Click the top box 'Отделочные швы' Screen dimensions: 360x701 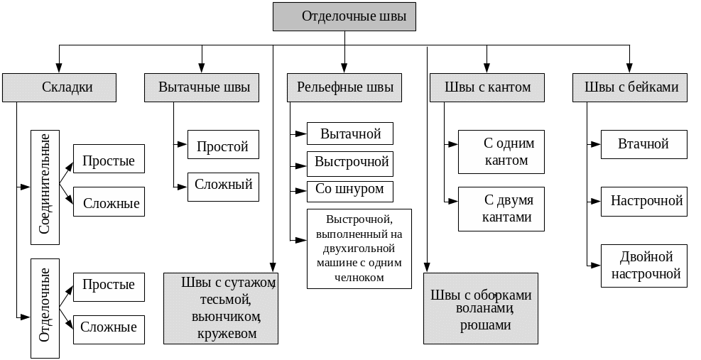[x=344, y=16]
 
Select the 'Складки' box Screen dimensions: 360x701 [x=58, y=87]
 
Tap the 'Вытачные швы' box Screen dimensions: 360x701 [x=202, y=87]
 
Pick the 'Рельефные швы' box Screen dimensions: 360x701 [x=344, y=87]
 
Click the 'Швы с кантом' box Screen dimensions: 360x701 [x=487, y=87]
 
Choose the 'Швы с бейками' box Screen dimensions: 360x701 [x=630, y=87]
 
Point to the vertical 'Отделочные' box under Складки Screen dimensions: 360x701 [x=45, y=307]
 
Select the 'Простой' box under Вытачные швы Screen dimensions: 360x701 [x=223, y=146]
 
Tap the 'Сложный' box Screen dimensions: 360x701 [x=223, y=186]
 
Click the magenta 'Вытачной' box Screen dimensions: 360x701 [x=350, y=133]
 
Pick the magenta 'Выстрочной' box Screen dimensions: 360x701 [x=350, y=163]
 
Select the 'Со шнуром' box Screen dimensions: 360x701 [x=350, y=190]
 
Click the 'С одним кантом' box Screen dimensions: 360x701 [x=501, y=152]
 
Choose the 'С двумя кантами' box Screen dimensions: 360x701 [x=501, y=209]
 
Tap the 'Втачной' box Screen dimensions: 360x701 [x=643, y=144]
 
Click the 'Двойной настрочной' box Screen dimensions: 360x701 [x=643, y=265]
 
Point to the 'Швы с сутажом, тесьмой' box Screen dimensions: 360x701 [x=221, y=307]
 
